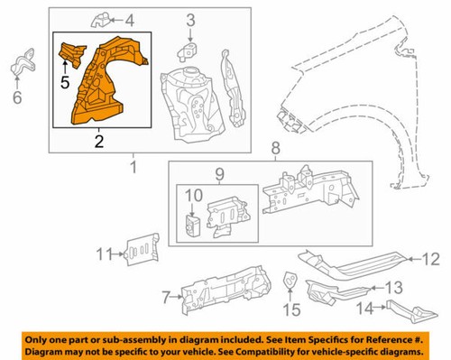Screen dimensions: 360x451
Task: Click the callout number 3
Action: tap(190, 21)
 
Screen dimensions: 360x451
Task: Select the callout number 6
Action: tap(16, 97)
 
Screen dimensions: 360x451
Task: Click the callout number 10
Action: tap(193, 195)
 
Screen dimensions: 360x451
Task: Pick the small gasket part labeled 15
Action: tap(291, 282)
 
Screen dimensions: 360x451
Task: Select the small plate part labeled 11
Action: tap(138, 249)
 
